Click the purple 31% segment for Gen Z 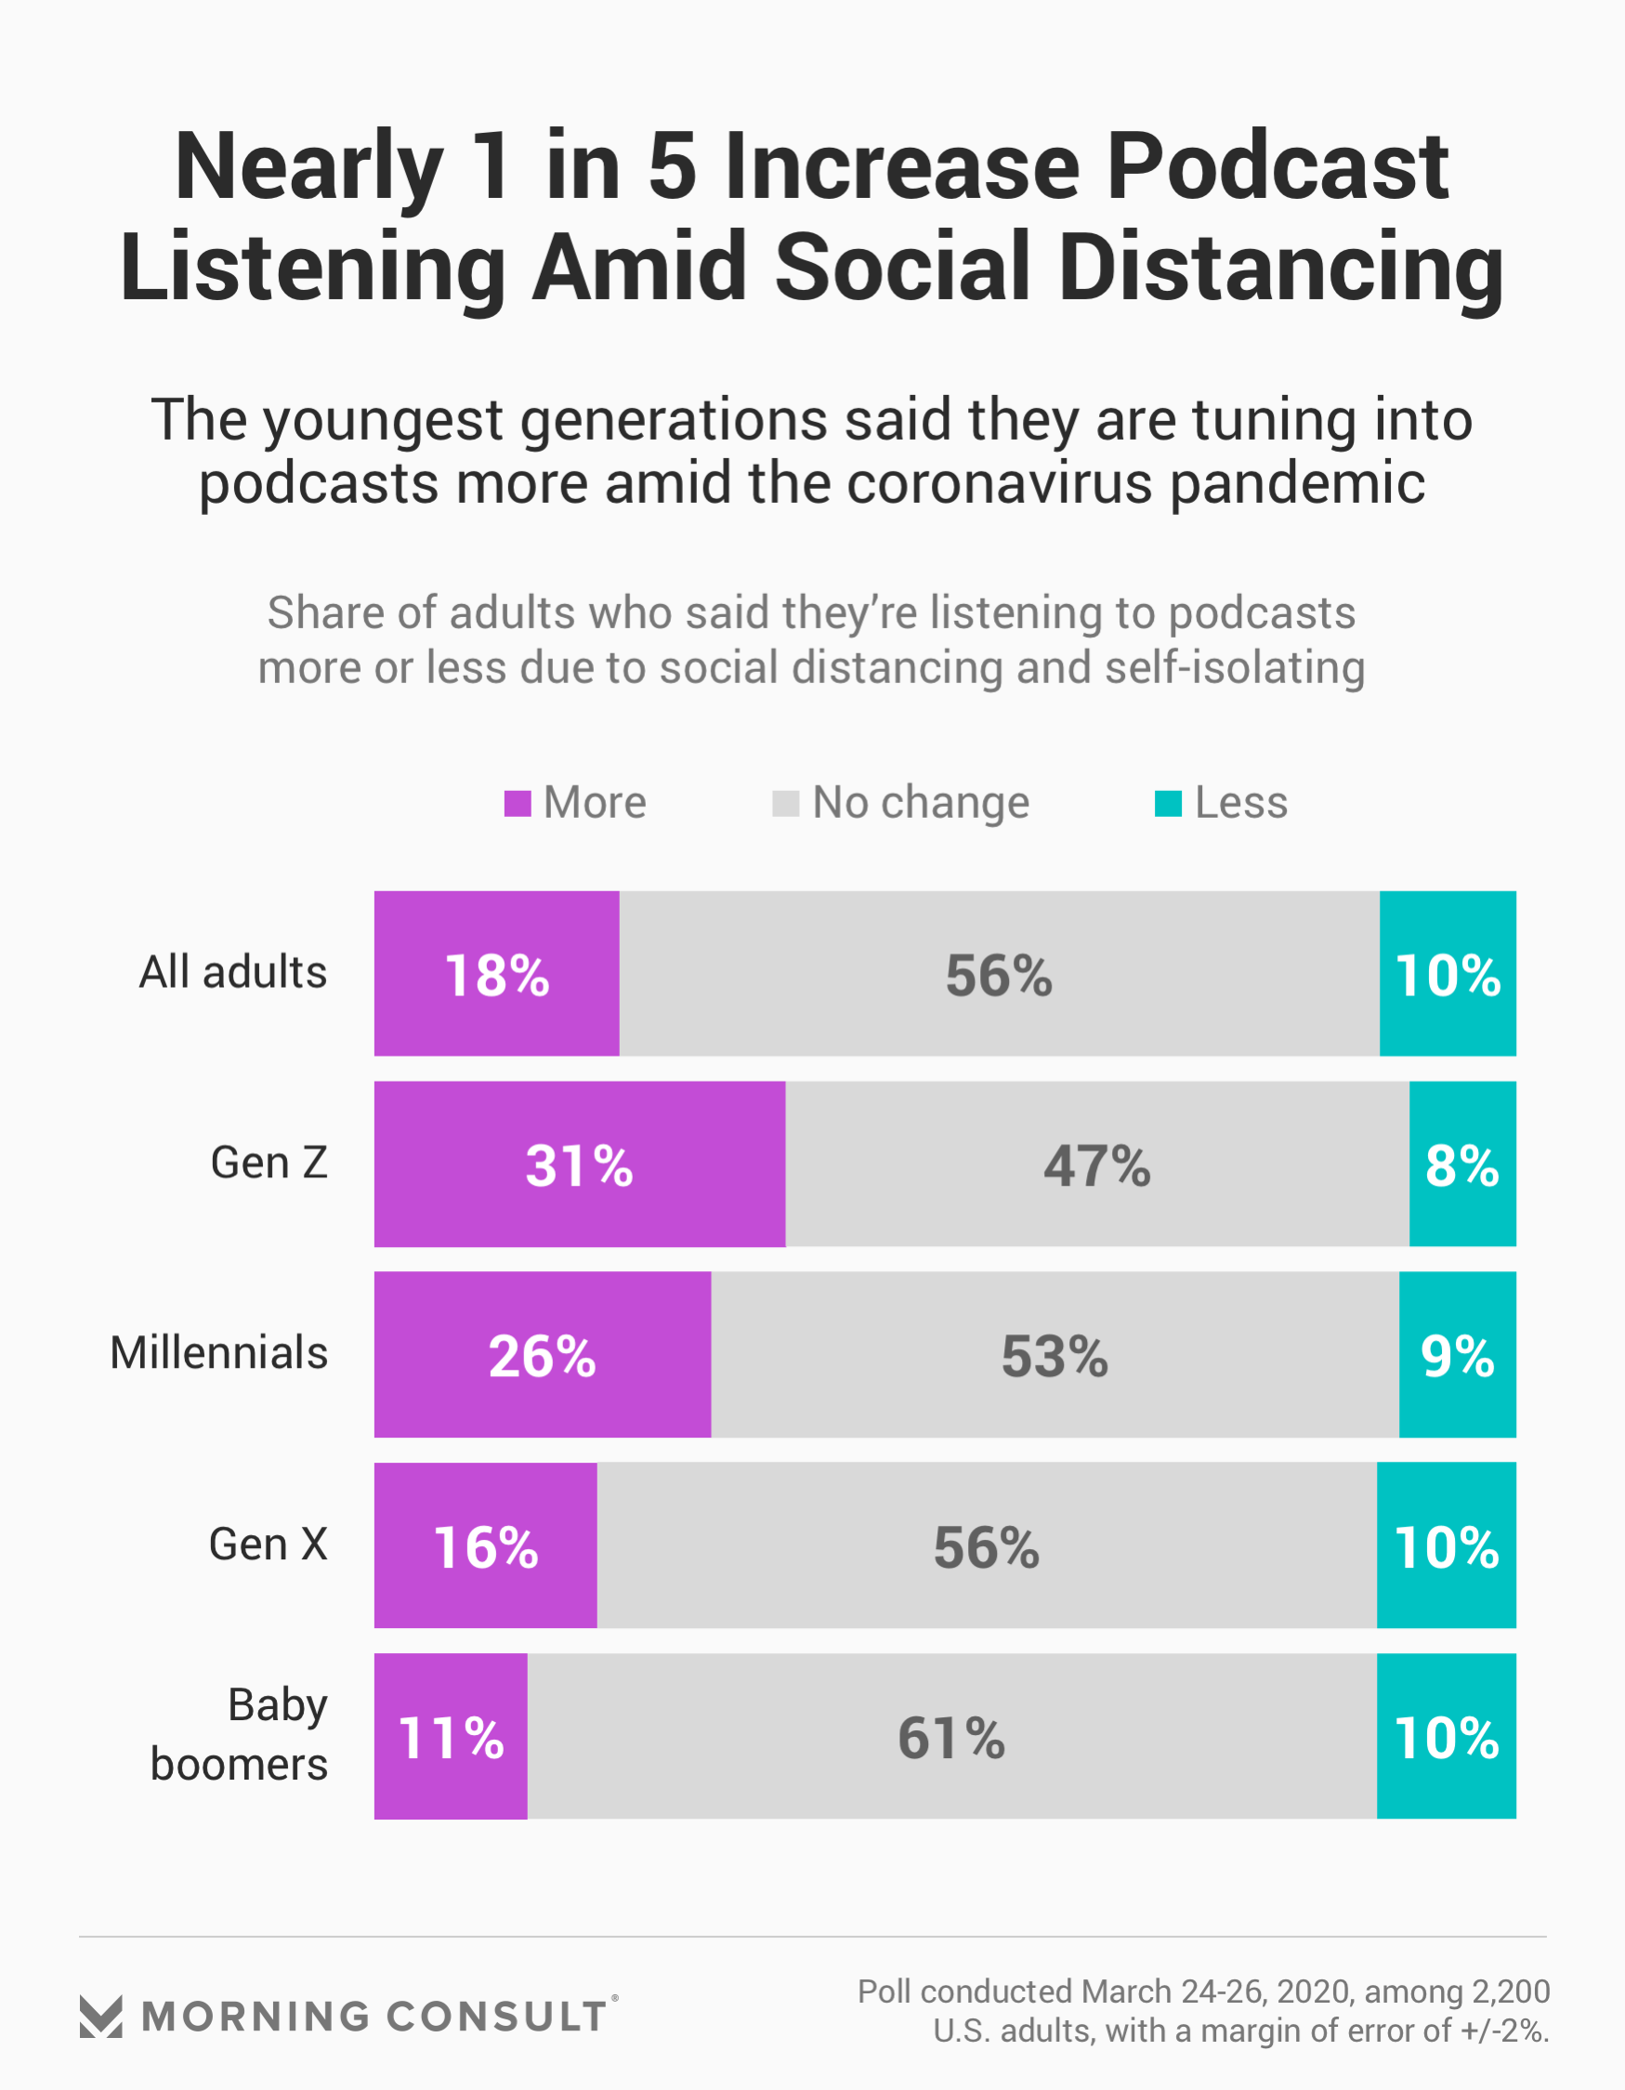579,1163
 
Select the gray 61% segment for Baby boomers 951,1736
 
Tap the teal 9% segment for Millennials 1457,1354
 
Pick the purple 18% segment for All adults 496,973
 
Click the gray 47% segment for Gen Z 1096,1163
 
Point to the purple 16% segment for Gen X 485,1545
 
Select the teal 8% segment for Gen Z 1461,1163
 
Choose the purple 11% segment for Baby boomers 450,1736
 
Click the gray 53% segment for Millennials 1055,1354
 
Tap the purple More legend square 517,804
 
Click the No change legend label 920,803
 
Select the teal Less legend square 1168,804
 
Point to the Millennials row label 219,1353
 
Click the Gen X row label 268,1544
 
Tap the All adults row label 233,972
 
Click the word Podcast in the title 1278,166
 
